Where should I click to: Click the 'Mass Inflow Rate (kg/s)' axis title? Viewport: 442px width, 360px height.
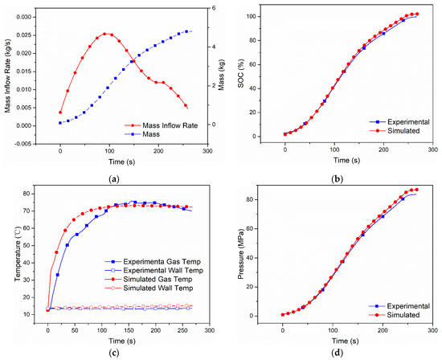point(6,76)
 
